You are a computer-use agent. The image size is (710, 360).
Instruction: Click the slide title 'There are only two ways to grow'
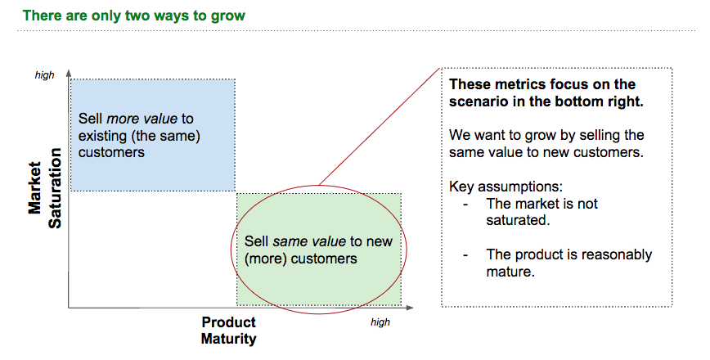pos(133,16)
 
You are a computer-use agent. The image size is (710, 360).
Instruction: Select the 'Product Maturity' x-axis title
pos(228,331)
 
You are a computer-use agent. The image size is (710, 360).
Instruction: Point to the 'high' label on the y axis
pos(44,75)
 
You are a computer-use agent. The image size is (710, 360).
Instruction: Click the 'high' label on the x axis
pos(380,322)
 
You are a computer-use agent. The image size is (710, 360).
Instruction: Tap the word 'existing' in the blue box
pos(104,136)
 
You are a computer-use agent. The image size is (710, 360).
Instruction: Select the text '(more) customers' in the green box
pos(301,259)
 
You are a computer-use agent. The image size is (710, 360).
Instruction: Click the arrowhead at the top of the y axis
pos(69,73)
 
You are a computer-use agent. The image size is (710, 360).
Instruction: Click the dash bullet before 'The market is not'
pos(465,204)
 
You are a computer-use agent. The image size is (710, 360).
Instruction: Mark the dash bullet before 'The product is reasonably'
pos(465,254)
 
